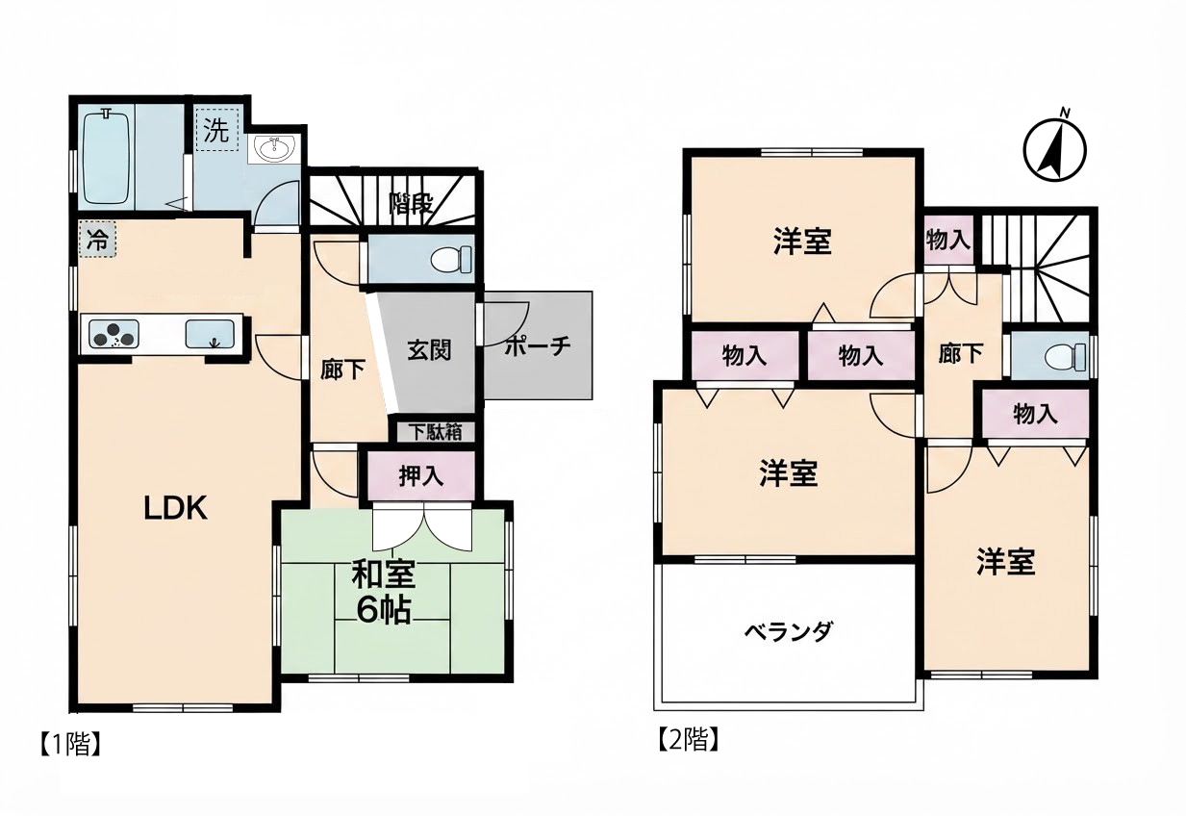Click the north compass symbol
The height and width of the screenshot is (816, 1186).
click(1054, 148)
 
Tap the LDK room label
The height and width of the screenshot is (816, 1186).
click(176, 509)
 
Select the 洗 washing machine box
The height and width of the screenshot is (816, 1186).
click(217, 130)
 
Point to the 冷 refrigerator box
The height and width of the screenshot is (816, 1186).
click(97, 240)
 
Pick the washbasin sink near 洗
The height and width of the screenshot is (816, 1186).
click(273, 149)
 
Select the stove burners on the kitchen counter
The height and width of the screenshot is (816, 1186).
click(114, 334)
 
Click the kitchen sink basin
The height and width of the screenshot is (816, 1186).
click(211, 334)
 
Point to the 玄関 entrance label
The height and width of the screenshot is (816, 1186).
click(429, 350)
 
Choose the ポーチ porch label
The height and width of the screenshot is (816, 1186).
click(538, 345)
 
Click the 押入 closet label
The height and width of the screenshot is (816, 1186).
click(421, 476)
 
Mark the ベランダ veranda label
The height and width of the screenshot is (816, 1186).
click(789, 631)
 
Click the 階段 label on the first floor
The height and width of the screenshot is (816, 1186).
click(412, 204)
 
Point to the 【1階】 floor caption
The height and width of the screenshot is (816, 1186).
click(70, 745)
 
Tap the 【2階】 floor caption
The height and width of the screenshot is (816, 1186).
click(689, 739)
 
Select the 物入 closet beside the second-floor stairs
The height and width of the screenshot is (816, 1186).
click(948, 241)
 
